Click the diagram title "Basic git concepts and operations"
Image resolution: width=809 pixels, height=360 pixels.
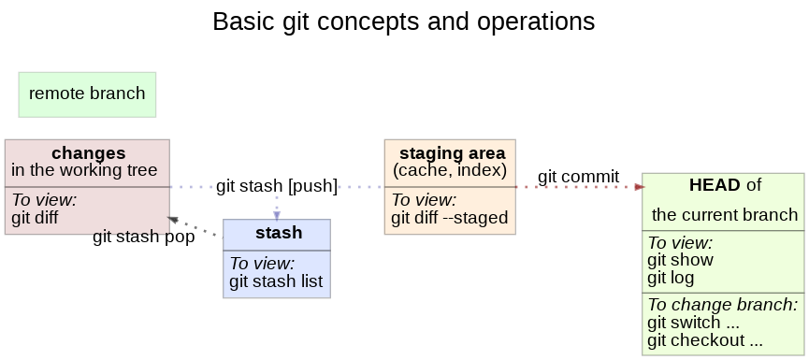pyautogui.click(x=404, y=22)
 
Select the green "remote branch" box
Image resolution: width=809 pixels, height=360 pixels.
pyautogui.click(x=87, y=94)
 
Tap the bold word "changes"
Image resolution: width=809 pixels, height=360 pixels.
pyautogui.click(x=88, y=153)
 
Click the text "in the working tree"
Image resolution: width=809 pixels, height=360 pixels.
pyautogui.click(x=84, y=170)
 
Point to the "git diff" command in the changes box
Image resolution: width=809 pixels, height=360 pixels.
pyautogui.click(x=35, y=218)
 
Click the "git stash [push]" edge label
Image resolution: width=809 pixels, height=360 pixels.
pyautogui.click(x=277, y=186)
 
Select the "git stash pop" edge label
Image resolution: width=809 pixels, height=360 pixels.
pyautogui.click(x=144, y=237)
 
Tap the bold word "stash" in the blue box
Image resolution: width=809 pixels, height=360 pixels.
pyautogui.click(x=279, y=233)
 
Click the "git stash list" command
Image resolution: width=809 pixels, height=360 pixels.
pyautogui.click(x=276, y=281)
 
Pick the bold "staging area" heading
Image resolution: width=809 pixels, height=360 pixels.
pyautogui.click(x=453, y=153)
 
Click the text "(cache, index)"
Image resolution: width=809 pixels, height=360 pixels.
pyautogui.click(x=450, y=170)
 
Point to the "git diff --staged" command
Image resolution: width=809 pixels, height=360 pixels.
pyautogui.click(x=449, y=218)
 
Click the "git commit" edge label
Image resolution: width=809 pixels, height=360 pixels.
pyautogui.click(x=578, y=177)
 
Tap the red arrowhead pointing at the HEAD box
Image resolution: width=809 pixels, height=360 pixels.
pyautogui.click(x=640, y=187)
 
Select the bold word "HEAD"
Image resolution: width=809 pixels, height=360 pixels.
pyautogui.click(x=715, y=185)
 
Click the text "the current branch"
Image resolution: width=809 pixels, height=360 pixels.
pyautogui.click(x=725, y=214)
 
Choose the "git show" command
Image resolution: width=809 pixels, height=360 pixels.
pyautogui.click(x=681, y=260)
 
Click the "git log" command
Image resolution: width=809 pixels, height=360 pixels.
pyautogui.click(x=671, y=278)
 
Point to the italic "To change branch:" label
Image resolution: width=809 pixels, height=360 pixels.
pyautogui.click(x=722, y=304)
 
